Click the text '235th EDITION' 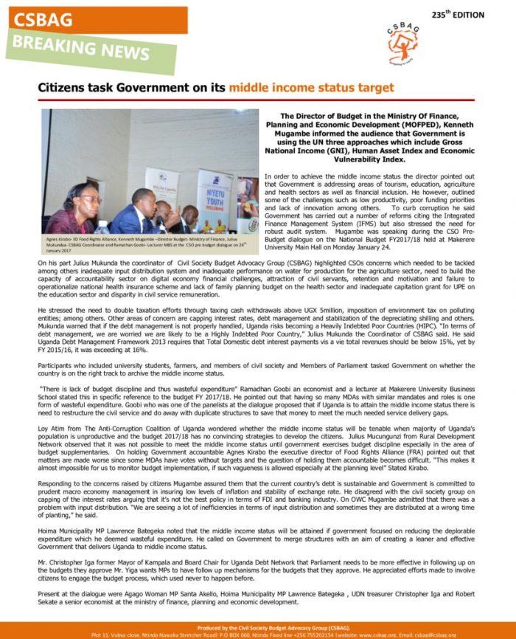click(x=458, y=14)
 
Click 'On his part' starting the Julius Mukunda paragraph click(x=54, y=262)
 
